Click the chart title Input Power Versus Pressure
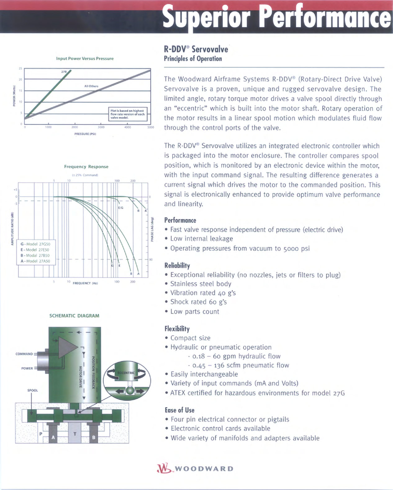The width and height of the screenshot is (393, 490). click(85, 58)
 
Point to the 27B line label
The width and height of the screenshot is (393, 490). click(64, 72)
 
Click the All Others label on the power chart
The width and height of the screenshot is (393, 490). click(91, 86)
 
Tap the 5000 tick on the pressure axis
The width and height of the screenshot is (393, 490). click(151, 127)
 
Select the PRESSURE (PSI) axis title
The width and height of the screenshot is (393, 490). click(85, 134)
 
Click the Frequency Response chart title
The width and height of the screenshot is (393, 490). click(86, 167)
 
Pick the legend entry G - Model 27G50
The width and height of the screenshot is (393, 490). click(35, 244)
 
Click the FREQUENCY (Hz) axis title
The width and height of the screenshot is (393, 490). click(85, 283)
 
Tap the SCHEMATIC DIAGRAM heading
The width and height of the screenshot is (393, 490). click(75, 316)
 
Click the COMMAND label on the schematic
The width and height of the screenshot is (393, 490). click(24, 354)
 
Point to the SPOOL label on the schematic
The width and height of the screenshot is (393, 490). click(33, 390)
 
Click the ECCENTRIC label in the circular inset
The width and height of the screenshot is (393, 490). click(126, 373)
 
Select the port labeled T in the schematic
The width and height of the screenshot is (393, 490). click(75, 434)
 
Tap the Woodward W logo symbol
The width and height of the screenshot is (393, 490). click(164, 468)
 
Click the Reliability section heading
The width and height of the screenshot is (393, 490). click(177, 265)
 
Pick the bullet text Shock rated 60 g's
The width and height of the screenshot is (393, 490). click(198, 302)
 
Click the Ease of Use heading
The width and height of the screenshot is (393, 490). click(179, 410)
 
